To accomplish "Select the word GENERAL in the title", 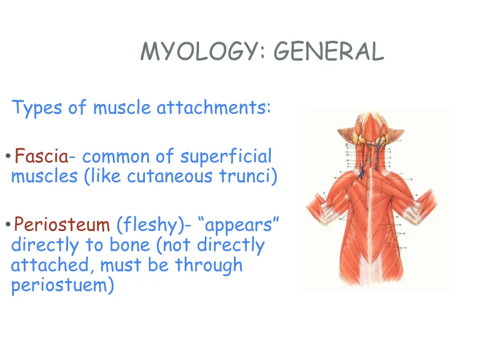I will click(328, 52).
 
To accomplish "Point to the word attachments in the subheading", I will click(213, 108).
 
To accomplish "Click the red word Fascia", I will click(41, 156).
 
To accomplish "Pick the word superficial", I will click(226, 156).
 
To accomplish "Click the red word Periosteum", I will click(61, 225).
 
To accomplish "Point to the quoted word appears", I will click(239, 225).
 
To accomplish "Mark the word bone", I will click(130, 245).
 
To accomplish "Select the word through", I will click(209, 265).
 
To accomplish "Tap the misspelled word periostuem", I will click(62, 285).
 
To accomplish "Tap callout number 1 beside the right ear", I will click(401, 140).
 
